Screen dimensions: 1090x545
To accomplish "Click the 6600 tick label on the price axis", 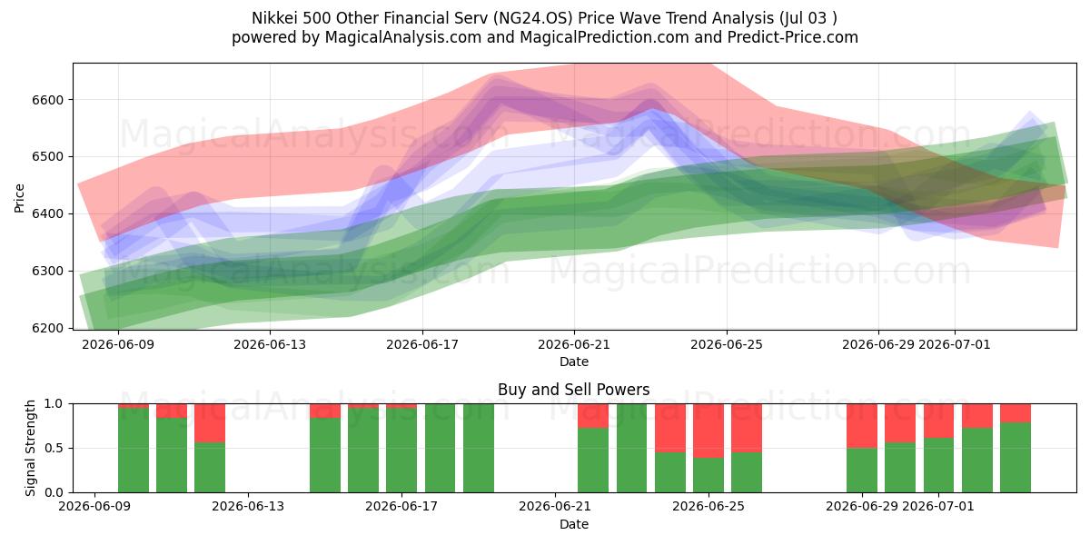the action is click(x=47, y=100).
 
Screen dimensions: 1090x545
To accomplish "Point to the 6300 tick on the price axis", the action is click(x=47, y=271).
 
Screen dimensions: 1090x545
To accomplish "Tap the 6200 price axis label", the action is click(x=47, y=329).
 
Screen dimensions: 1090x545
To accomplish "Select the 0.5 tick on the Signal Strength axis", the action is click(x=54, y=448).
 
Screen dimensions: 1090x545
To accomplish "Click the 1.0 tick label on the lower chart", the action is click(x=54, y=404).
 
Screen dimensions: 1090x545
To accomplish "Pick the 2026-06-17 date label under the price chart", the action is click(x=422, y=344).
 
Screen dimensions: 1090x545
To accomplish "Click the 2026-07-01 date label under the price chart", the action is click(x=955, y=344).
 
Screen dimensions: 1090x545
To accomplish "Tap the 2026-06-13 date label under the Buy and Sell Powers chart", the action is click(x=248, y=506).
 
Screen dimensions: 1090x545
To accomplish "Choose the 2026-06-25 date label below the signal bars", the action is click(x=708, y=506).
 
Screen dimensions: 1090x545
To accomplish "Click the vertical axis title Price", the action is click(x=19, y=198).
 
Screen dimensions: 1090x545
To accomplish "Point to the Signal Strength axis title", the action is click(x=30, y=448).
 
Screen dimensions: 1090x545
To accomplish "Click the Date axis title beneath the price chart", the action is click(x=574, y=362).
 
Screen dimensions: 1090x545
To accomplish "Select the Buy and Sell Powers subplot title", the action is click(x=574, y=390).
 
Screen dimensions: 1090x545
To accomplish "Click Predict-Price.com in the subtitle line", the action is click(x=793, y=37).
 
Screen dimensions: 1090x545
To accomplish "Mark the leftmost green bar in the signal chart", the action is click(x=134, y=451).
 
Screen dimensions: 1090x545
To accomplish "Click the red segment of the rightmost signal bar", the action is click(x=1016, y=413).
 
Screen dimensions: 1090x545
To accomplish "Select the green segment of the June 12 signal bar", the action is click(x=210, y=468).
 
